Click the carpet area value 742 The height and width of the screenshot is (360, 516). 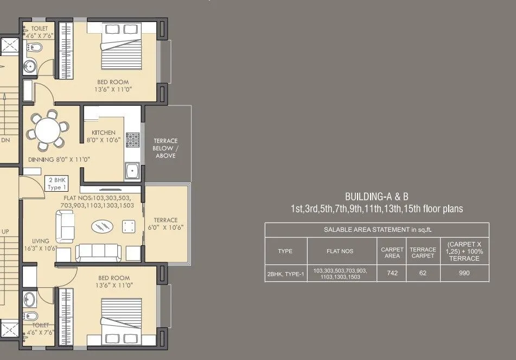click(392, 273)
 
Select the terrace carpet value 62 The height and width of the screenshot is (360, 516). click(423, 273)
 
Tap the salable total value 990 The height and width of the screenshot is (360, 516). click(464, 273)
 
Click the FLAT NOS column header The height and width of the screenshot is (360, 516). click(340, 251)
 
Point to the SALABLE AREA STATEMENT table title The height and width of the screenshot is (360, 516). click(377, 230)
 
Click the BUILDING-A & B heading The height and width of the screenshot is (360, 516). click(377, 196)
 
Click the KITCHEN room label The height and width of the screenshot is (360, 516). click(103, 132)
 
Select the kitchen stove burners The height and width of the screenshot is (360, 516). click(132, 141)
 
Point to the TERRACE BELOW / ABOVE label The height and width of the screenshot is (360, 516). click(165, 148)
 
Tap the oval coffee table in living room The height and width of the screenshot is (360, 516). click(101, 225)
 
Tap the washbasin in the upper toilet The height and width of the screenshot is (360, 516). click(29, 67)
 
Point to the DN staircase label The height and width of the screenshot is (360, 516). click(5, 140)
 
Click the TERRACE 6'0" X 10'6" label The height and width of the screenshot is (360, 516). click(165, 224)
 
